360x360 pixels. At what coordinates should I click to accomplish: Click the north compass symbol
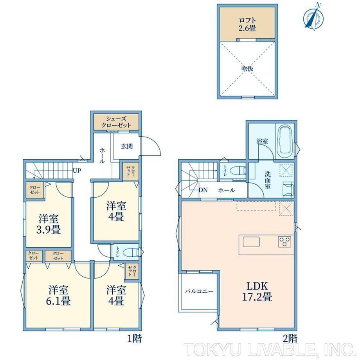(x=313, y=16)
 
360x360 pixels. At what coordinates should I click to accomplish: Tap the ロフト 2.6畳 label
(x=247, y=24)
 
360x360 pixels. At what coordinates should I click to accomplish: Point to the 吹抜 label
(x=247, y=68)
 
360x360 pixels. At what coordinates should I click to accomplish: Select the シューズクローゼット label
(x=116, y=122)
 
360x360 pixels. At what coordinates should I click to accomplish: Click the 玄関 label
(x=127, y=146)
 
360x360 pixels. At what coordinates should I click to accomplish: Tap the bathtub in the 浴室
(x=285, y=141)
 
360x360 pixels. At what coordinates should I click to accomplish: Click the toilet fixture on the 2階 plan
(x=239, y=171)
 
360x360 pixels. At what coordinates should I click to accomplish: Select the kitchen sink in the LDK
(x=251, y=242)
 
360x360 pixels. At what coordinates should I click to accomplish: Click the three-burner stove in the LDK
(x=284, y=241)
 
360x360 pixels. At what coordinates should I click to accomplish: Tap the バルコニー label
(x=199, y=292)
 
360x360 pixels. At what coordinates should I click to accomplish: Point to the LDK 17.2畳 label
(x=257, y=292)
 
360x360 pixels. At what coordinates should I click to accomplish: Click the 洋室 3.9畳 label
(x=49, y=224)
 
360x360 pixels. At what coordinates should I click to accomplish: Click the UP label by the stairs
(x=77, y=171)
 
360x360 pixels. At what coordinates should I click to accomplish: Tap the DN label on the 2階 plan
(x=203, y=190)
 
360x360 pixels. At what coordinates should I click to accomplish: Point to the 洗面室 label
(x=268, y=180)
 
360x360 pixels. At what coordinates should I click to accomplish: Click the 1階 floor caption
(x=134, y=338)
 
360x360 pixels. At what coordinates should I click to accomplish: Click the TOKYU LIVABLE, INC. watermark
(x=269, y=350)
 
